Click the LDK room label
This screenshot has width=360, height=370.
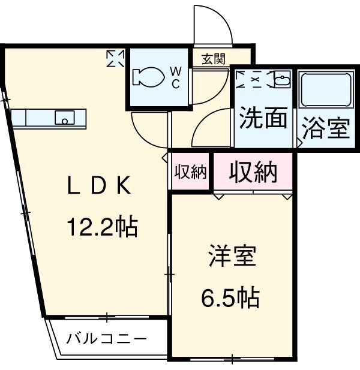98,188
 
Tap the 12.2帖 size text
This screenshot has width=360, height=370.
101,227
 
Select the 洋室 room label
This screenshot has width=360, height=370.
233,258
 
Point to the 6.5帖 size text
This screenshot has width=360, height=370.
230,296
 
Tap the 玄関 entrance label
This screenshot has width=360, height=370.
213,59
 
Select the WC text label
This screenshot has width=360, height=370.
176,78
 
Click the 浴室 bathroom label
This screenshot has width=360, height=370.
326,130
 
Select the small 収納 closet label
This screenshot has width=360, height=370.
190,172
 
